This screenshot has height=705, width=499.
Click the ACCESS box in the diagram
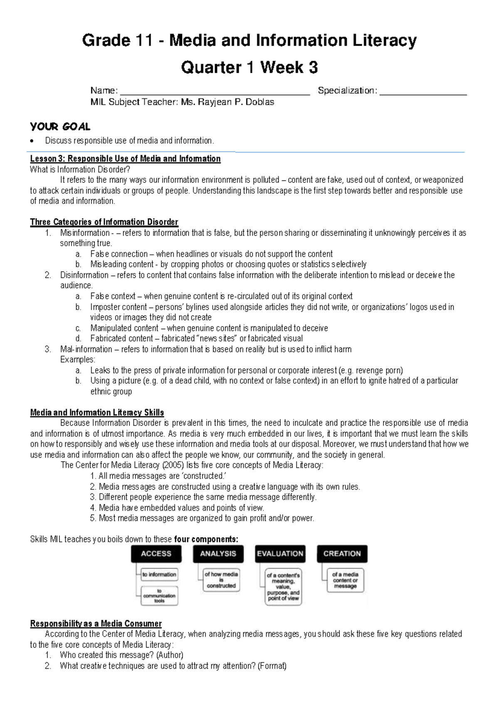156,554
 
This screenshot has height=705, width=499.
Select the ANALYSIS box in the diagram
218,554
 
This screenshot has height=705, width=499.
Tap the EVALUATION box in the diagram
280,554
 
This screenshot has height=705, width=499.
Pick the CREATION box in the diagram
342,554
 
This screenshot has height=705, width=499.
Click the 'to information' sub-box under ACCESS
159,574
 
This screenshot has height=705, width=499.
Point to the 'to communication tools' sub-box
159,596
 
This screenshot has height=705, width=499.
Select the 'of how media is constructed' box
221,580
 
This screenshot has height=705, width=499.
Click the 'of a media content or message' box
345,580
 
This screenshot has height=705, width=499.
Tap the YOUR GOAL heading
60,126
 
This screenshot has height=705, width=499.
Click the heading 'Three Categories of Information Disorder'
104,222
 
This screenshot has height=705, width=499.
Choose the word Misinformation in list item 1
85,233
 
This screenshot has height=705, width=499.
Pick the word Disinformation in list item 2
84,275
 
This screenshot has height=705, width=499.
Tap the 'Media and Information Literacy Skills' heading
97,413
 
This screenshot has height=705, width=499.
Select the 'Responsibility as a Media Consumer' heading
96,624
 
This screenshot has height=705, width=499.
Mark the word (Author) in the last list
170,655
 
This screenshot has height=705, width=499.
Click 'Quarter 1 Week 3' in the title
249,67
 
